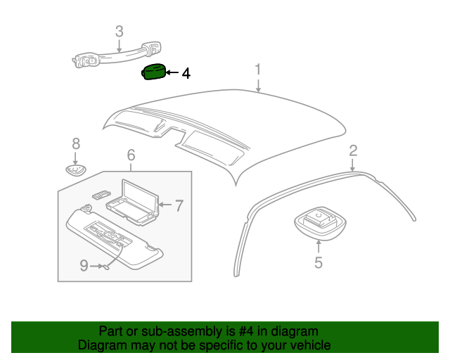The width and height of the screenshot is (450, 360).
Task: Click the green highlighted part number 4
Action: (154, 72)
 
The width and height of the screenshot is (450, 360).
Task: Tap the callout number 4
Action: (186, 74)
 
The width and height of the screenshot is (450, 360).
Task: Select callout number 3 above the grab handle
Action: (120, 32)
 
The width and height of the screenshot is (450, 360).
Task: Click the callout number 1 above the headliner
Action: (258, 70)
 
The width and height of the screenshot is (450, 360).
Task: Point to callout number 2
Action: (353, 150)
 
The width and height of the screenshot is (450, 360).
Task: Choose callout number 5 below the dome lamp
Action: (319, 262)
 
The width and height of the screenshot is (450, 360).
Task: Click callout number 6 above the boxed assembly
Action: (131, 155)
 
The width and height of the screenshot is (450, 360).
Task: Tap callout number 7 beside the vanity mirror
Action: (179, 205)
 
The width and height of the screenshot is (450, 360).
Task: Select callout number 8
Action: (76, 143)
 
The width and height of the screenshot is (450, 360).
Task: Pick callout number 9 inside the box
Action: (84, 266)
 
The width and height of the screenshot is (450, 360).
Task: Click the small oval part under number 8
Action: (76, 170)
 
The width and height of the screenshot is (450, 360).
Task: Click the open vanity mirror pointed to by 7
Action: (133, 202)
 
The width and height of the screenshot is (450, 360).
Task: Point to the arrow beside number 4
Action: (172, 72)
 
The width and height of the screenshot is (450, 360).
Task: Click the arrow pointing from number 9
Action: (96, 266)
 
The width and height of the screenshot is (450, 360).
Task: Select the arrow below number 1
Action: (258, 86)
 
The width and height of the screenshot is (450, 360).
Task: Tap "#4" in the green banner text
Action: (246, 331)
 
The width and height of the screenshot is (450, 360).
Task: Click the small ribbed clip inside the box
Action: (101, 195)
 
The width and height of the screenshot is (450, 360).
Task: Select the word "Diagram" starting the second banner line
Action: (102, 345)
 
